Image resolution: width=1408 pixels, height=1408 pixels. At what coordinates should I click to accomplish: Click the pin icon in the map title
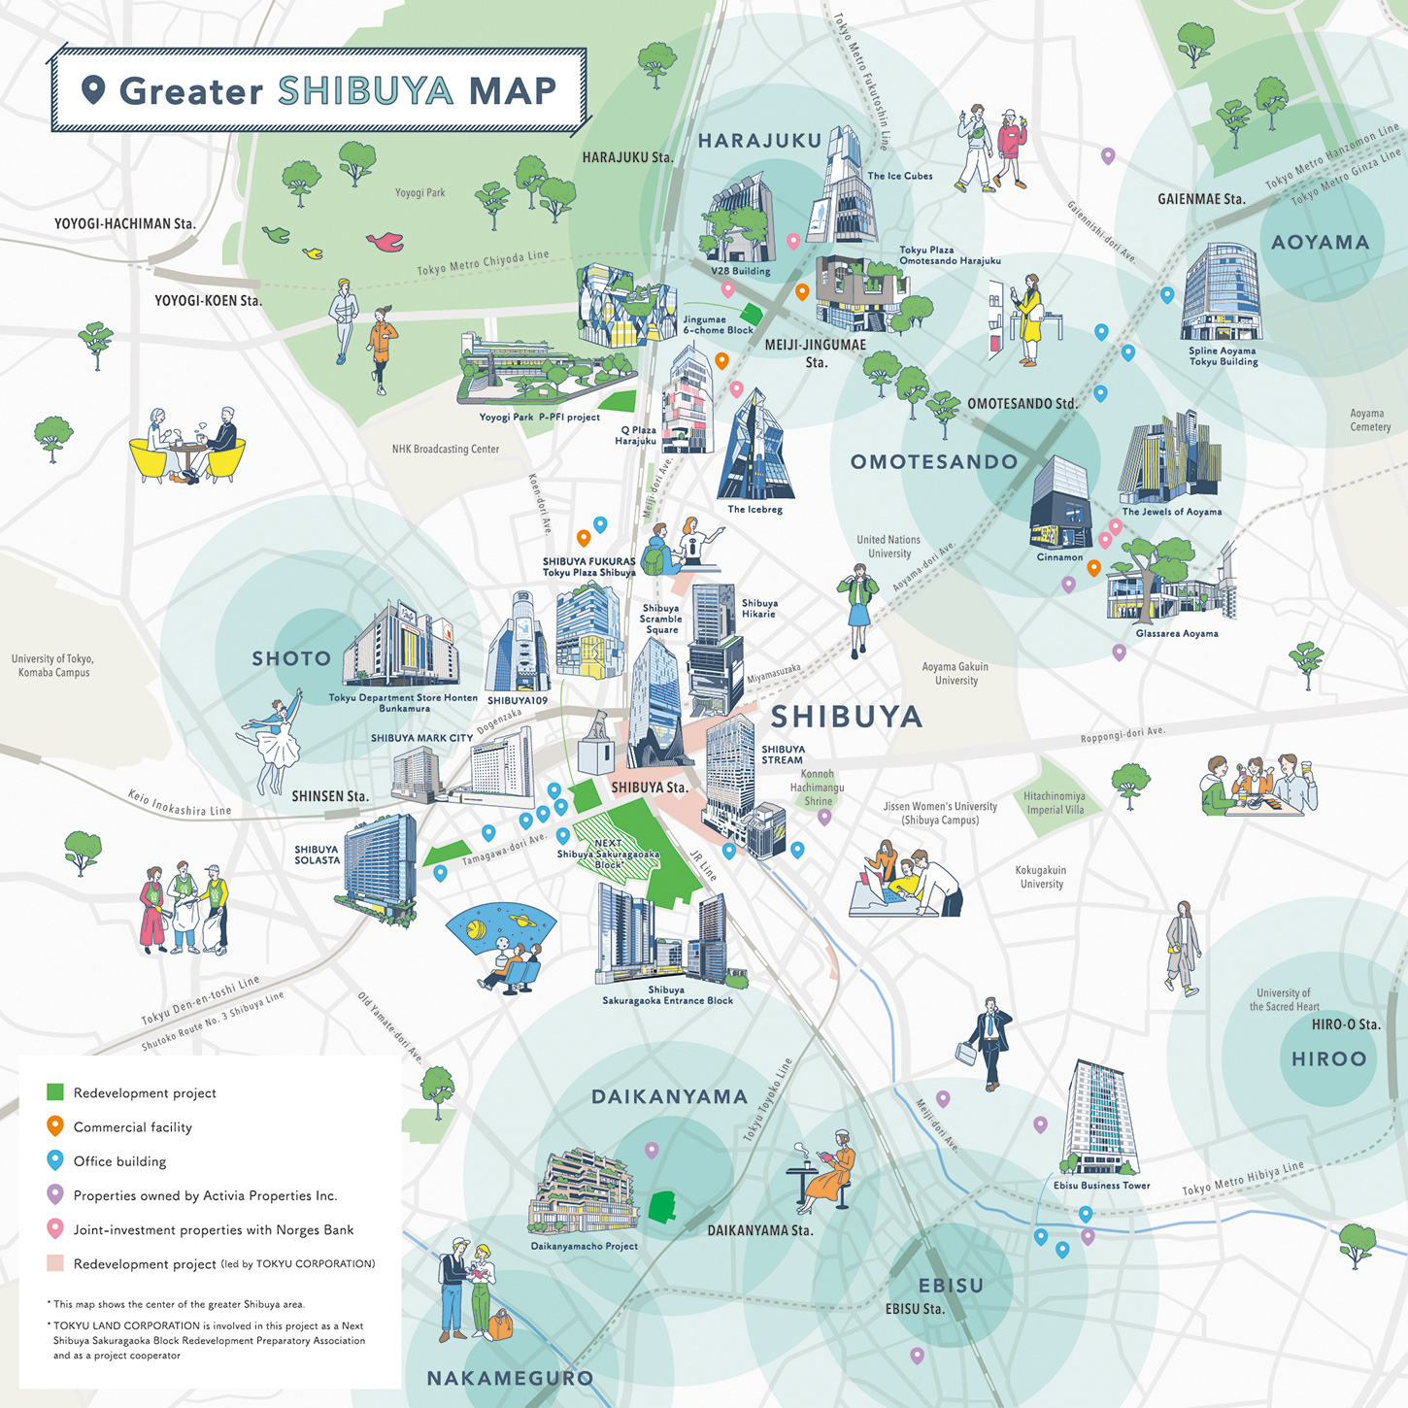coord(93,90)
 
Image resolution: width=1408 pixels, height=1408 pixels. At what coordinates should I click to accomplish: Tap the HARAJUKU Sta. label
coord(627,157)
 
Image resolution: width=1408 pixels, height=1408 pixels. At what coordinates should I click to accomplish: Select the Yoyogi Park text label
coord(419,193)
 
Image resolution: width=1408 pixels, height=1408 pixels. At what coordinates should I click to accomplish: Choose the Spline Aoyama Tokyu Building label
coord(1223,356)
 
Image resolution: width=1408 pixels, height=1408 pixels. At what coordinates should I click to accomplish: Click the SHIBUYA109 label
coord(517,700)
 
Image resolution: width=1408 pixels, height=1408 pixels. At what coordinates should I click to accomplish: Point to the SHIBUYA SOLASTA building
coord(380,865)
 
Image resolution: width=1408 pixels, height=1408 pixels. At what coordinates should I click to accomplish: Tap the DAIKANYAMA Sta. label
coord(759,1230)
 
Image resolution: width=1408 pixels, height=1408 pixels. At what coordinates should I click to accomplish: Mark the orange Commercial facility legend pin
coord(55,1126)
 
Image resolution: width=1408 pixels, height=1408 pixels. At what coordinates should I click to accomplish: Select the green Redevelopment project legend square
coord(55,1092)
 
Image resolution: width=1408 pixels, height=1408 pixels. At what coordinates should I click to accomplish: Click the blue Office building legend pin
coord(55,1160)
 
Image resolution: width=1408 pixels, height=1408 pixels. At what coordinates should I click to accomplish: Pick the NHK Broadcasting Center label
coord(445,450)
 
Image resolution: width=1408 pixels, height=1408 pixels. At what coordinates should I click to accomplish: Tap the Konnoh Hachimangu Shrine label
coord(817,788)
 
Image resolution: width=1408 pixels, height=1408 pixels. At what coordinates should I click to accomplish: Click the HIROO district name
coord(1328,1059)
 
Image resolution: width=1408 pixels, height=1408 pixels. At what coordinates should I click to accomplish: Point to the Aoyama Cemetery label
coord(1369,420)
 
